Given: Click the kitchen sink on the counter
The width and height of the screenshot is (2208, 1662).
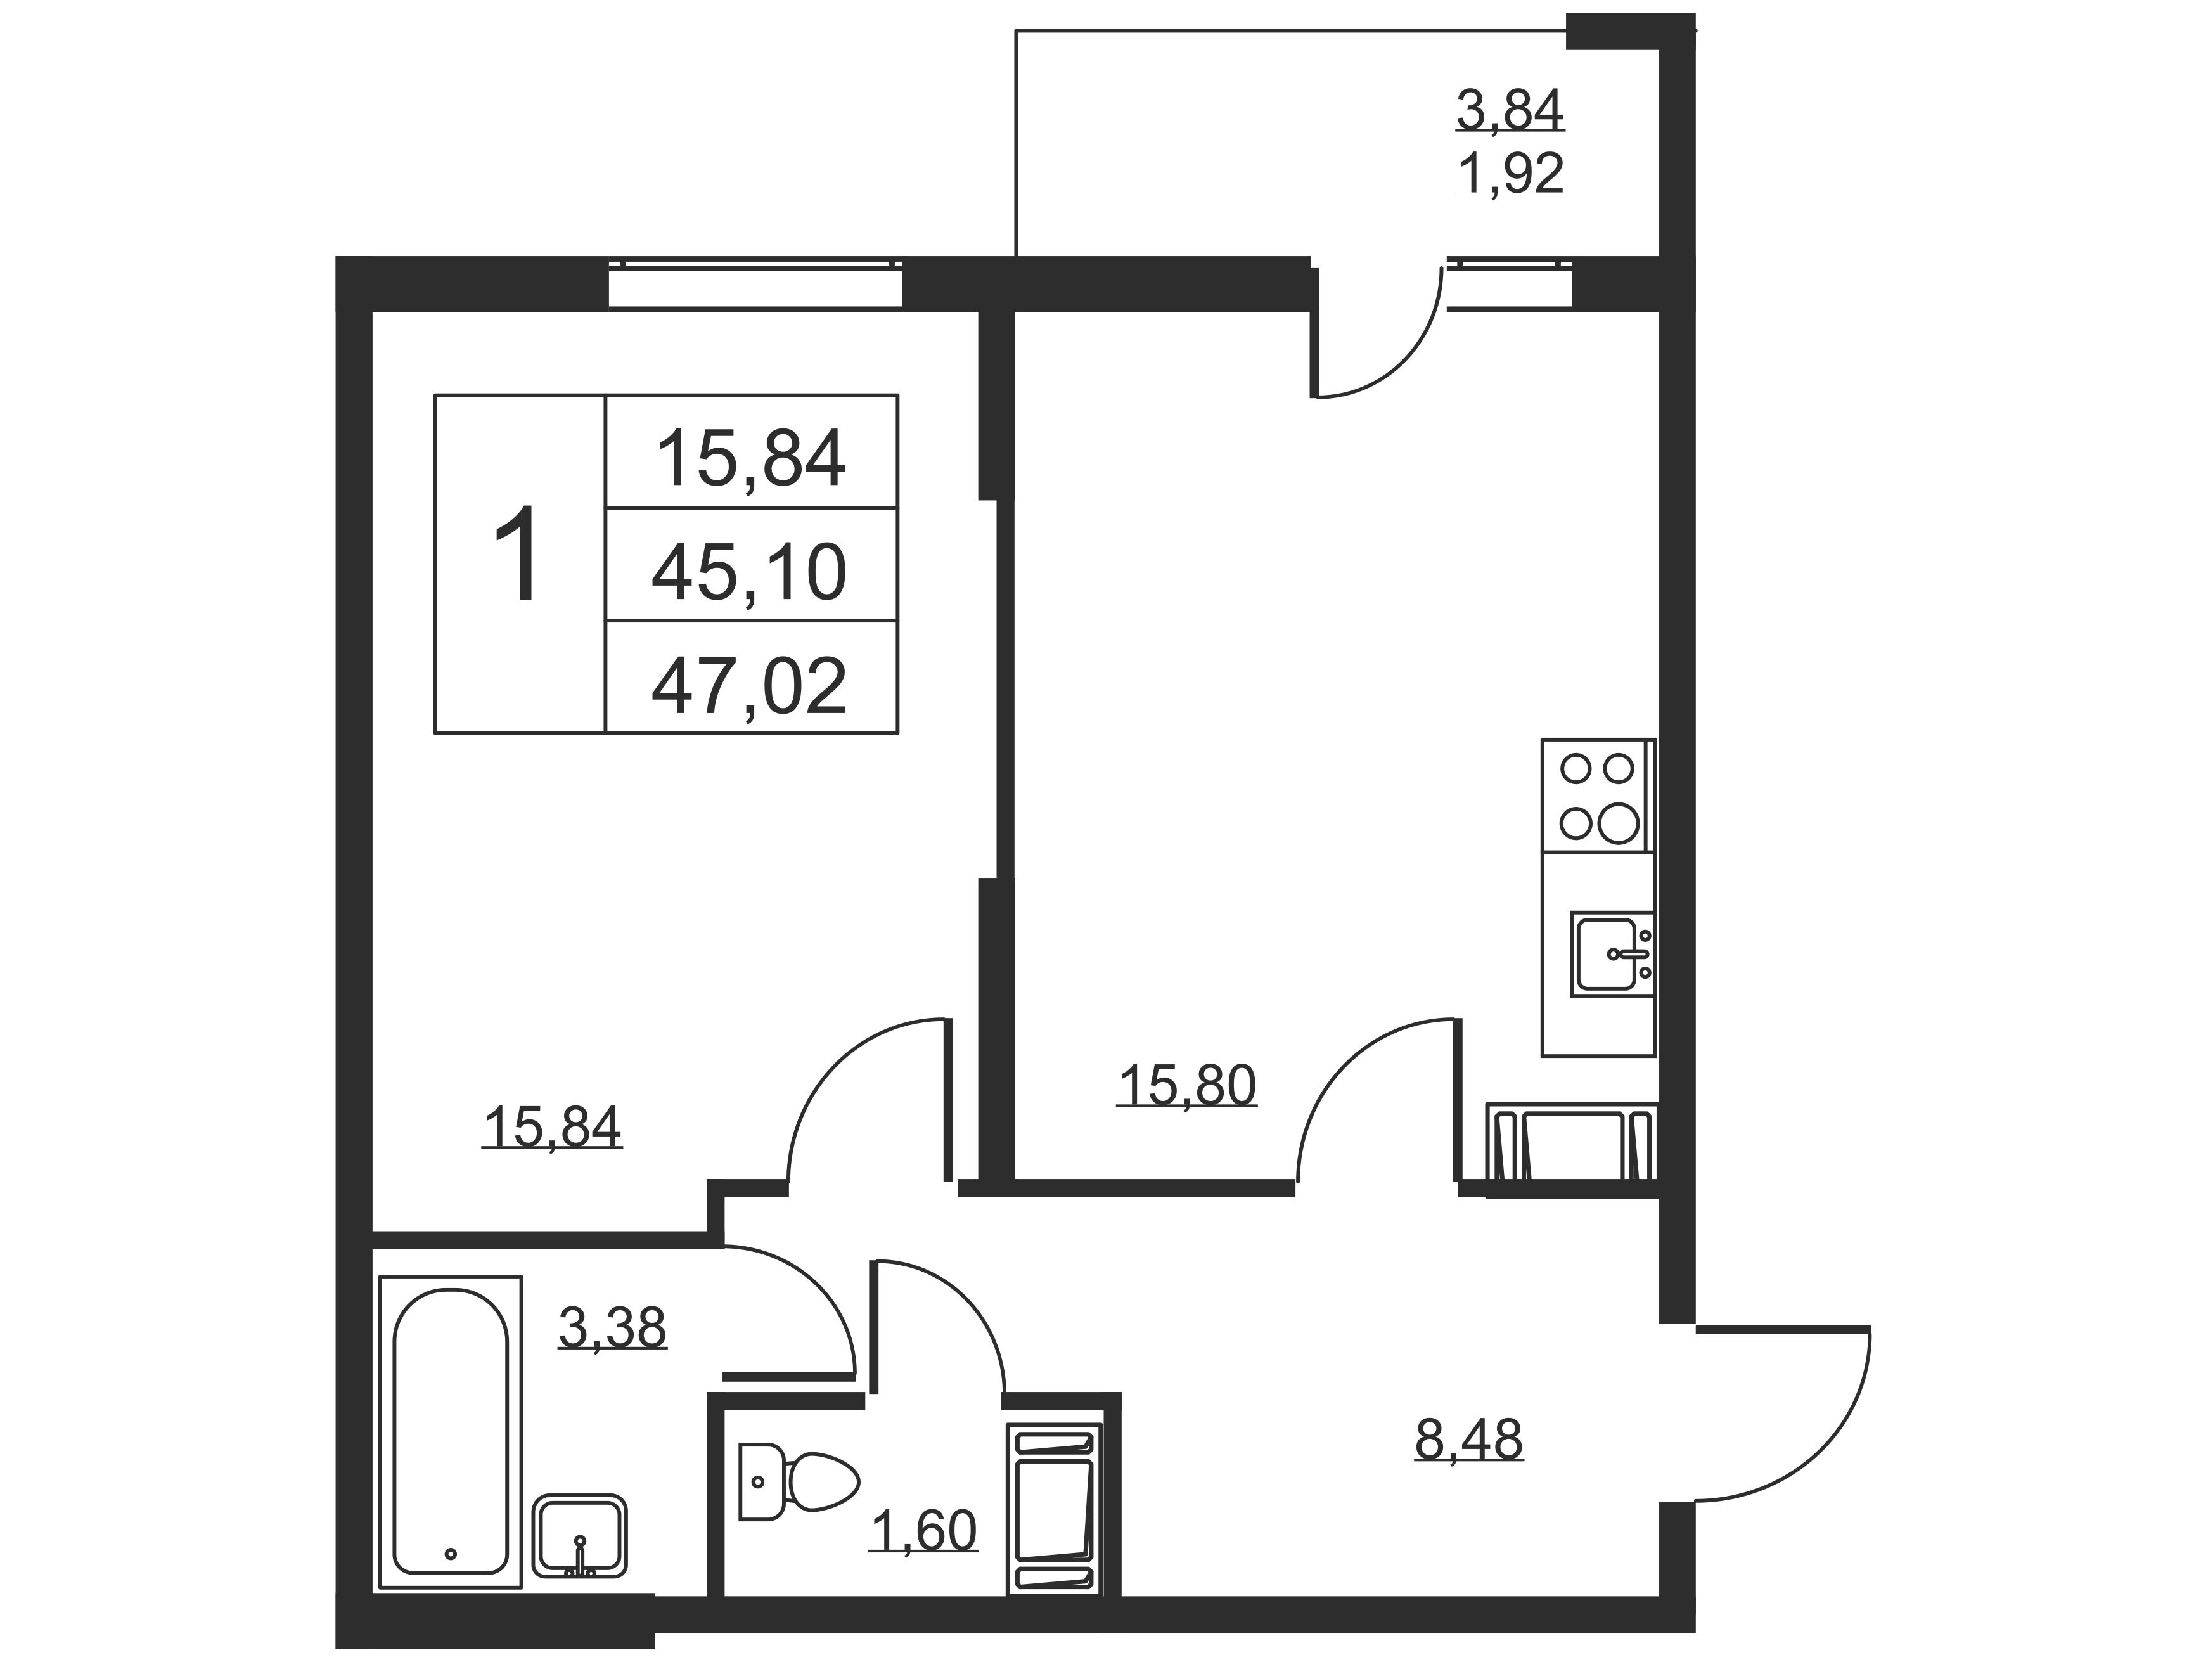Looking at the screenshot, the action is (1611, 953).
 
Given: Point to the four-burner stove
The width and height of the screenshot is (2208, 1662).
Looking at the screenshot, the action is (1598, 796).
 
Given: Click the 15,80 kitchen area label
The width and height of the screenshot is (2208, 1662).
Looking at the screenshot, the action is (1187, 1086).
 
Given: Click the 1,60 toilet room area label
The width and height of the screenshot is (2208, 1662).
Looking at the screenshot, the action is (923, 1530).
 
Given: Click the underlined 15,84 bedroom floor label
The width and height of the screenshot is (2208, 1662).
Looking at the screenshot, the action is (552, 1127).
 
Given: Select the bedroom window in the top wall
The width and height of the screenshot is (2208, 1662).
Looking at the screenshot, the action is (755, 285).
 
